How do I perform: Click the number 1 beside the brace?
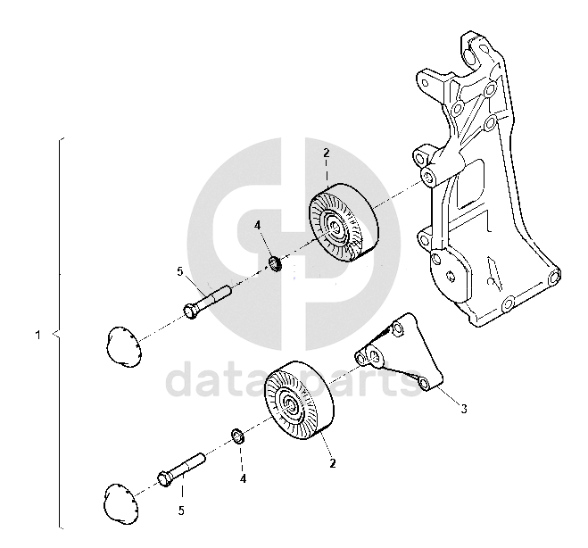point(37,335)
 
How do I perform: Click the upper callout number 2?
point(327,153)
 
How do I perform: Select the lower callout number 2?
point(332,463)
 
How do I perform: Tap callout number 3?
point(464,409)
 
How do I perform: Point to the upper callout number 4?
point(257,226)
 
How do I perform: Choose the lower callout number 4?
point(243,479)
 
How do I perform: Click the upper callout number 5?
point(180,271)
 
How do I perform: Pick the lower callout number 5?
point(181,511)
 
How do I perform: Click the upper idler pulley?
point(344,222)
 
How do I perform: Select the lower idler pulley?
point(299,400)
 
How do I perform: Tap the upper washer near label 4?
point(276,263)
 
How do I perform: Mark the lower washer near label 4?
point(237,436)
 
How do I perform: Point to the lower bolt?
point(181,469)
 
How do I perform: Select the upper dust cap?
point(123,347)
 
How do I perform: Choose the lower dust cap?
point(120,503)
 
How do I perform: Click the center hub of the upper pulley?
point(334,228)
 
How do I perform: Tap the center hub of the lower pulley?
point(290,404)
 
